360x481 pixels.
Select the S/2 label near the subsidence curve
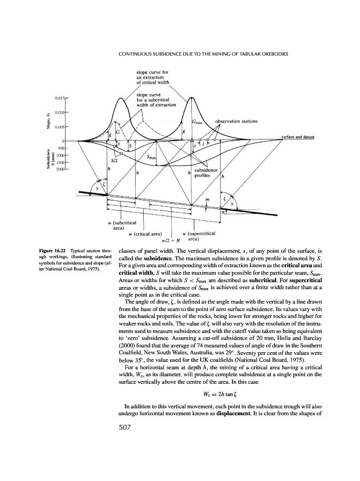(114, 160)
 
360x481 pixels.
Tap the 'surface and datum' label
(298, 137)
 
